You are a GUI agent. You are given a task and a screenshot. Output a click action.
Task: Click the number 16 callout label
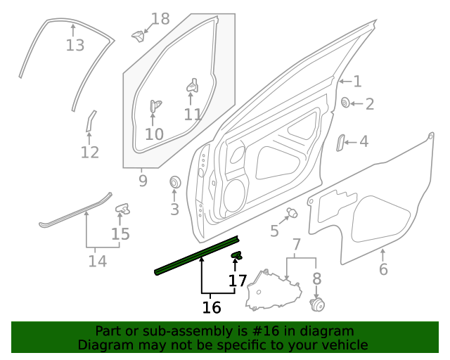coord(212,307)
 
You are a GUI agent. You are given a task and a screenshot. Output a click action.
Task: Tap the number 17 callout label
coord(238,281)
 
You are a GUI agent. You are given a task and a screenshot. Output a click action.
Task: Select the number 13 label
coord(75,46)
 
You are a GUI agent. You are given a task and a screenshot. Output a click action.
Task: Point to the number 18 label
coord(161,19)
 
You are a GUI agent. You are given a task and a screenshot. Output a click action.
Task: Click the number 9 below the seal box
coord(143,181)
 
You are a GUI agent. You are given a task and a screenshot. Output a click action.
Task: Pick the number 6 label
coord(383,269)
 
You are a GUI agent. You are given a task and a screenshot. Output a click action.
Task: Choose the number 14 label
coord(97,262)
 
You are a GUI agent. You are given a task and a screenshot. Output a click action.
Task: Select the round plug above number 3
coord(174,184)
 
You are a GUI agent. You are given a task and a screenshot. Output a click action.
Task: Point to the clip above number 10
coord(155,106)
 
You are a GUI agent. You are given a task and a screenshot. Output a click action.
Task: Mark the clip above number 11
coord(191,86)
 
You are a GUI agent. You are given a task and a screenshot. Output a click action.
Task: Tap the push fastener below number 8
coord(319,304)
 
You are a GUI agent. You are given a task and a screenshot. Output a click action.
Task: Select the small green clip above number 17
coord(237,255)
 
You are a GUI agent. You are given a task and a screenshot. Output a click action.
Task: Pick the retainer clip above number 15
coord(123,208)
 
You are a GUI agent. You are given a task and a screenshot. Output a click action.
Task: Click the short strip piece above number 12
coord(90,120)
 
